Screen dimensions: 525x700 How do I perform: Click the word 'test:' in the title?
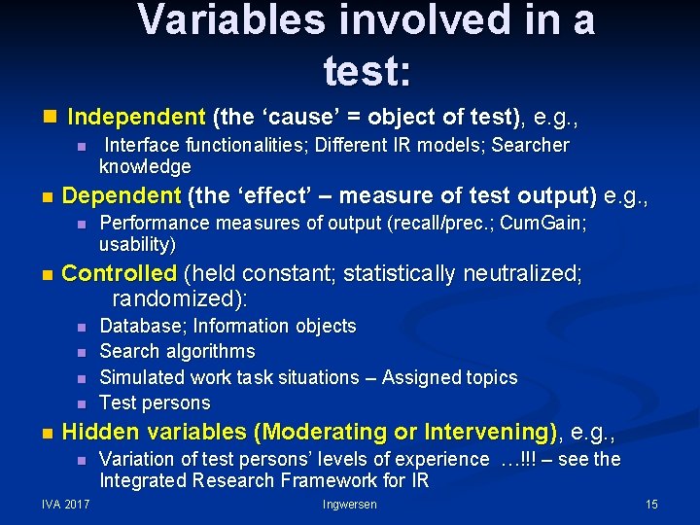(x=367, y=69)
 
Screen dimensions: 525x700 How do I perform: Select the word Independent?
(x=136, y=118)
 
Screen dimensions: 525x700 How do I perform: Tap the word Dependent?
(x=121, y=195)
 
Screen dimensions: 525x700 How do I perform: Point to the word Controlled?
(x=119, y=273)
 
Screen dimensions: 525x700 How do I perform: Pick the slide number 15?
(x=651, y=505)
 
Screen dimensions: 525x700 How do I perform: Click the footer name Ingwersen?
(x=350, y=505)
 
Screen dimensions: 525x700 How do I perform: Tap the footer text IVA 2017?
(x=66, y=505)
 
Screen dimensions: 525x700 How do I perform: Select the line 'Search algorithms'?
(x=177, y=351)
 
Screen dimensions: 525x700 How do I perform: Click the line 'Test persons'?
(x=155, y=402)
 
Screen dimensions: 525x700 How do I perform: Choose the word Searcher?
(x=530, y=145)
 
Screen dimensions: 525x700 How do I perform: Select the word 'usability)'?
(x=137, y=244)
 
